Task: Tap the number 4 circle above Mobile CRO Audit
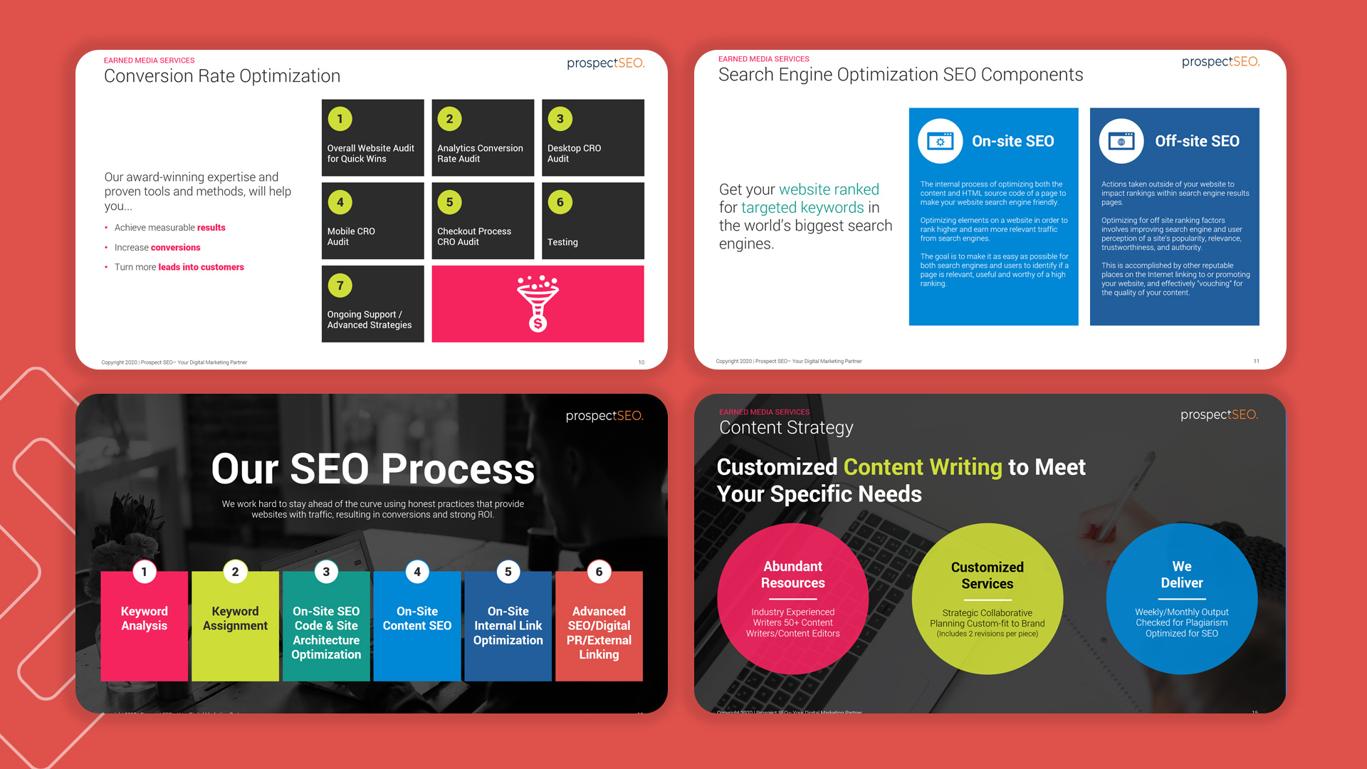(340, 202)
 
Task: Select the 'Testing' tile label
(562, 242)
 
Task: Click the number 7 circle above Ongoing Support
(340, 286)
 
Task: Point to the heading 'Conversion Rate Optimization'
(222, 76)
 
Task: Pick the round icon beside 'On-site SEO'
(940, 141)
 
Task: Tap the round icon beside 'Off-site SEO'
(1121, 141)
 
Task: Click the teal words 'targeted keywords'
(802, 208)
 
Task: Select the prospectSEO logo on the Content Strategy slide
(1219, 414)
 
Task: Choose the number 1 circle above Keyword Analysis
(145, 572)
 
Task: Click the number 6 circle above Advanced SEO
(599, 572)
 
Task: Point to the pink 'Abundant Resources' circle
(792, 599)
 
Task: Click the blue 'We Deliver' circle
(1181, 599)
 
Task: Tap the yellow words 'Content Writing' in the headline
(923, 467)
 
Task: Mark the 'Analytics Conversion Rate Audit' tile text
(480, 153)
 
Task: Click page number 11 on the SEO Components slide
(1256, 361)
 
